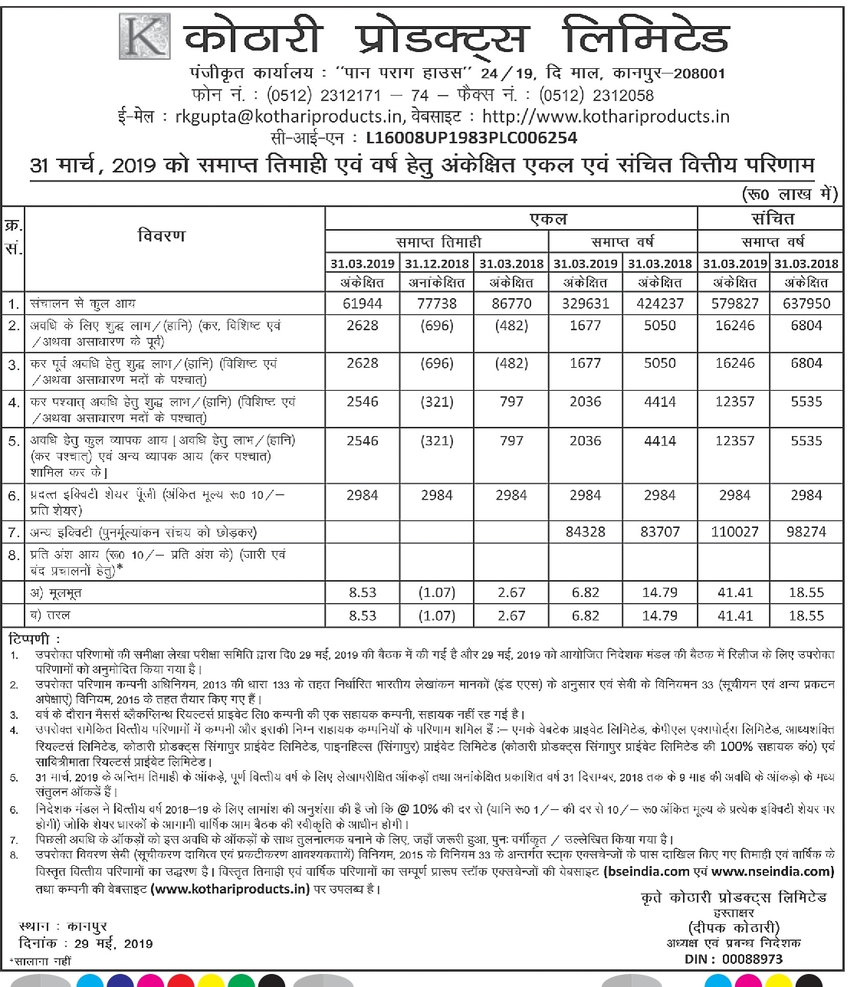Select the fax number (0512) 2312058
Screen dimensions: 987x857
point(596,96)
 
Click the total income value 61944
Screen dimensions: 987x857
point(363,303)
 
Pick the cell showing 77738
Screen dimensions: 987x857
point(437,303)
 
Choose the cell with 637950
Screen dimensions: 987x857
point(806,303)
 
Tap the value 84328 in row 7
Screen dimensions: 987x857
point(585,532)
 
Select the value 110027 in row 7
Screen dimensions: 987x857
point(734,532)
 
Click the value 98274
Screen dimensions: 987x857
point(806,532)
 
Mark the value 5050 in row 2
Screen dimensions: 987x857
point(660,326)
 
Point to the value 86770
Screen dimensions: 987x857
point(511,303)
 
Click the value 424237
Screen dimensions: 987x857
point(660,303)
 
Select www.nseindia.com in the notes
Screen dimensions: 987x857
point(772,871)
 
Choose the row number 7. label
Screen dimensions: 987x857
point(13,532)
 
